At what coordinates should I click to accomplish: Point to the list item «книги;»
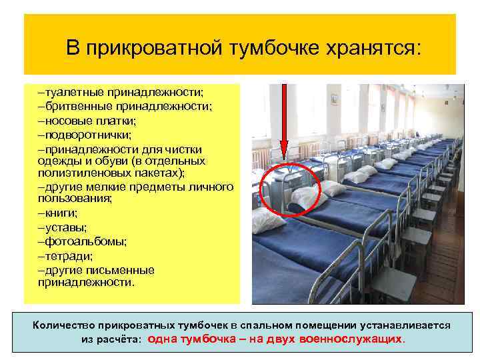[x=61, y=213]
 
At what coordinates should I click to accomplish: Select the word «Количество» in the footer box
[x=63, y=325]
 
